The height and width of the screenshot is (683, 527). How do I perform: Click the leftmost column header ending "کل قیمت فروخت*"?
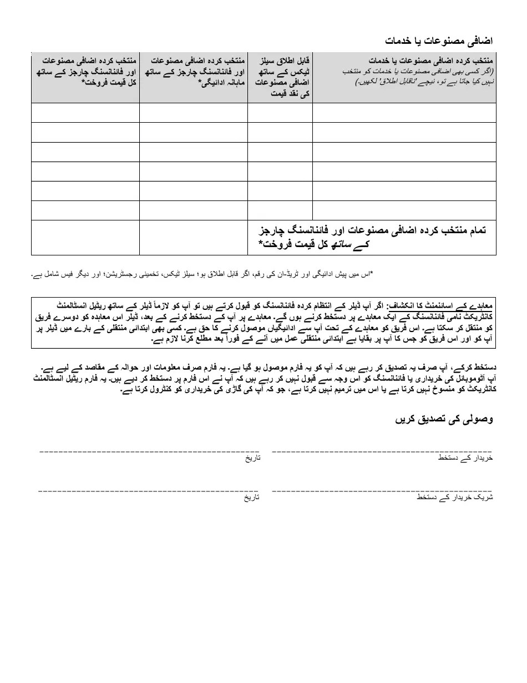(x=85, y=71)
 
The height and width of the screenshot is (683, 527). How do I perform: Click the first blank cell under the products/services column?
(x=404, y=113)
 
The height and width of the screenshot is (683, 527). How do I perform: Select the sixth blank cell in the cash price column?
(x=280, y=210)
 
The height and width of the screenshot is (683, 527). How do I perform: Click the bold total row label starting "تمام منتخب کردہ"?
(x=372, y=237)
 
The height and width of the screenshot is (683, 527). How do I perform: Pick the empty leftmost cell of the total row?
(x=85, y=237)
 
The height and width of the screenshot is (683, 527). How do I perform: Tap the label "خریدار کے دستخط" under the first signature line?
(x=465, y=459)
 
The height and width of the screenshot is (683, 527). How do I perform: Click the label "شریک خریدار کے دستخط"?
(x=454, y=498)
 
